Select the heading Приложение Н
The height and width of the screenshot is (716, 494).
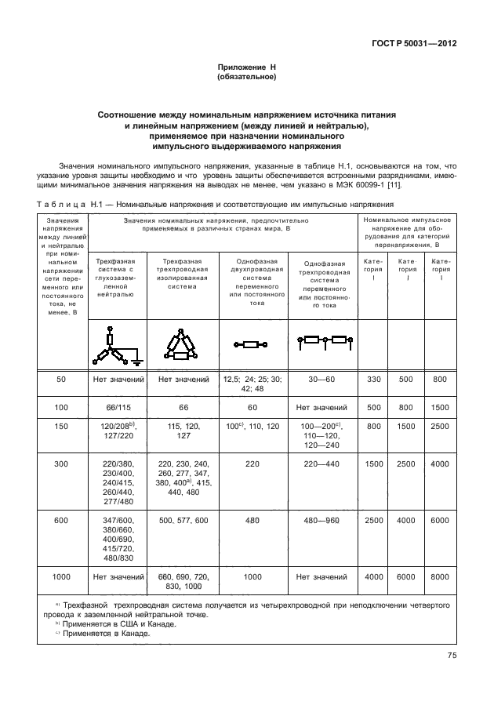[x=247, y=68]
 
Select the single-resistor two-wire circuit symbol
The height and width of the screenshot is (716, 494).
[x=252, y=343]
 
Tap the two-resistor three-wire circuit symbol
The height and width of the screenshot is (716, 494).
[x=325, y=340]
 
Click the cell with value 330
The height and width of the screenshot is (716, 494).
[x=373, y=380]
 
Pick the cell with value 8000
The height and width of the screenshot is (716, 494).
[x=439, y=577]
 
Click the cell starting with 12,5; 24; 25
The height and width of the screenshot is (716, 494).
[x=252, y=383]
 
